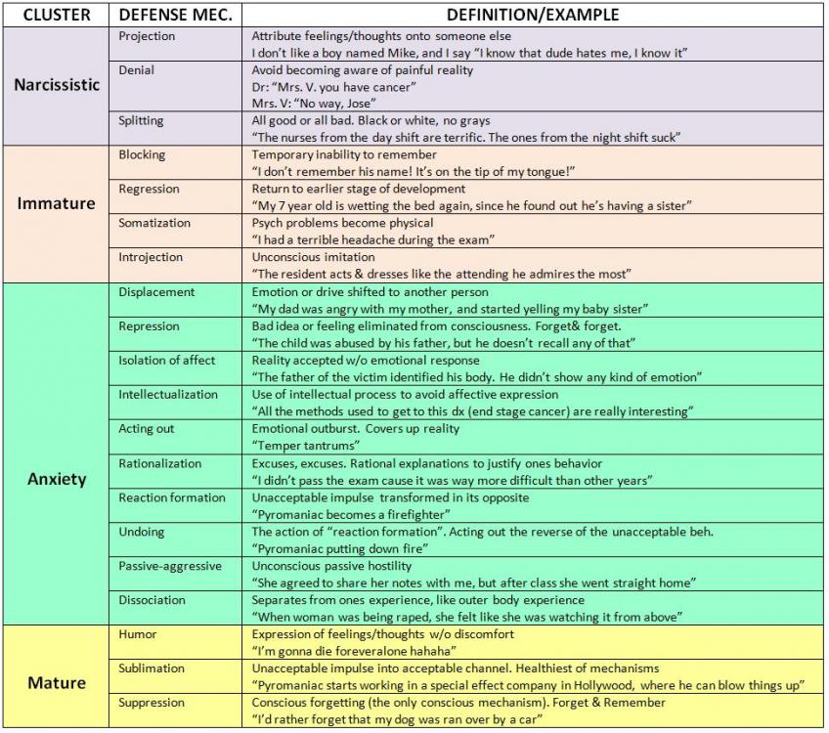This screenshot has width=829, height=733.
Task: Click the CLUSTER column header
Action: click(x=57, y=15)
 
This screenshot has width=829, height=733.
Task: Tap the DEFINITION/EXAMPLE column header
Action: click(x=532, y=15)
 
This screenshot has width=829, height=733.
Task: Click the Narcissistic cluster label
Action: click(x=57, y=85)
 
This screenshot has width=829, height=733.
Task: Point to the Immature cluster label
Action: click(x=57, y=203)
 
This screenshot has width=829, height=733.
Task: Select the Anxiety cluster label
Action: click(x=57, y=479)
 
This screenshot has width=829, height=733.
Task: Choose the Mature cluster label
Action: click(x=57, y=682)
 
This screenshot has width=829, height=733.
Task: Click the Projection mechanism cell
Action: click(x=147, y=36)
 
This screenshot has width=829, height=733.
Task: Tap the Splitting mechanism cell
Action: click(x=141, y=121)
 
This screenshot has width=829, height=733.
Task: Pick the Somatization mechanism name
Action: click(x=155, y=223)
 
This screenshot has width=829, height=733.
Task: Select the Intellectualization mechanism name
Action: click(x=168, y=395)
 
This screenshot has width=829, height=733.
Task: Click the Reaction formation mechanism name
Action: click(x=172, y=497)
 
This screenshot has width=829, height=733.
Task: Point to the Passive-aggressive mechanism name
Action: click(x=170, y=566)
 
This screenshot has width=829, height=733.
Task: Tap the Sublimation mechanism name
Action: click(x=152, y=668)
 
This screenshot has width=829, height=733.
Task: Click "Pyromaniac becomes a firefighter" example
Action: click(x=351, y=514)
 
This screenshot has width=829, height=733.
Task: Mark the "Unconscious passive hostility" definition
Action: click(x=331, y=566)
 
